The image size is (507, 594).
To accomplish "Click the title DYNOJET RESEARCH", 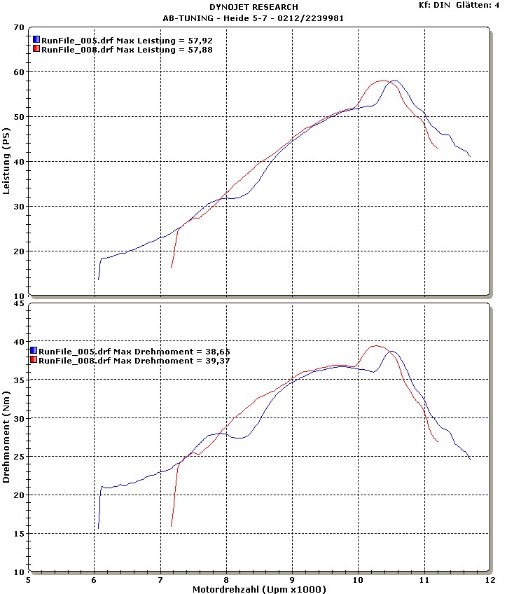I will (253, 7).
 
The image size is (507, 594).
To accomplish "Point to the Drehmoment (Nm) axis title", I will (6, 438).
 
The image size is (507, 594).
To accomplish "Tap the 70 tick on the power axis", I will (19, 27).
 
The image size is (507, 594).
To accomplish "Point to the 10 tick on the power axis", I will (19, 296).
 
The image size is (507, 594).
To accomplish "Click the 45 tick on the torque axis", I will (19, 303).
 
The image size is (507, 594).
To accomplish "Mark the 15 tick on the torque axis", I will (19, 534).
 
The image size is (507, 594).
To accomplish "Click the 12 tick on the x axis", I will (489, 581).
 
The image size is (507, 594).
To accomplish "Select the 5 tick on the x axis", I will (29, 581).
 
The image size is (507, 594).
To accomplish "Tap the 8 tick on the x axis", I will (226, 581).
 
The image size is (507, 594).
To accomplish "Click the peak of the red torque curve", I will (376, 345).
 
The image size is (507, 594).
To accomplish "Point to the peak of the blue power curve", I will (395, 81).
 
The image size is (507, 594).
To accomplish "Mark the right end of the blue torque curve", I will (470, 459).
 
